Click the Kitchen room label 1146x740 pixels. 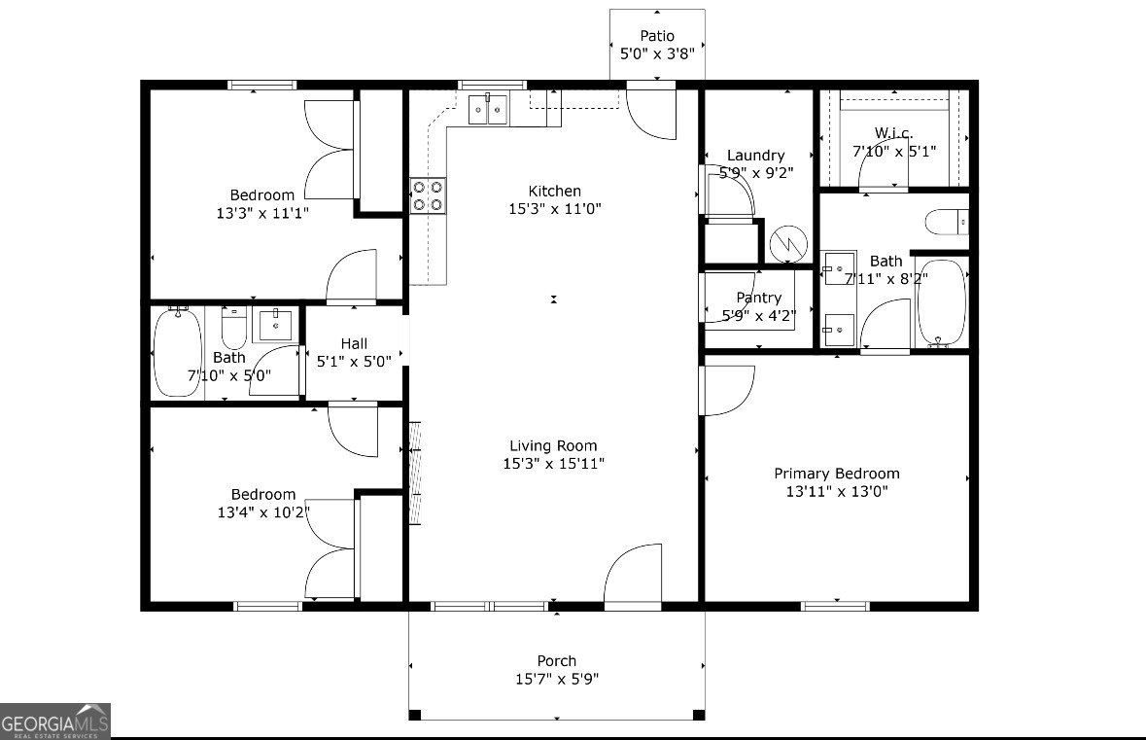(x=554, y=192)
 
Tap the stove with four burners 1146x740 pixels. (x=428, y=194)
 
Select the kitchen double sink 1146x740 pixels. (x=489, y=109)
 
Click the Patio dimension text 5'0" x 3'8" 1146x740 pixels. (x=657, y=54)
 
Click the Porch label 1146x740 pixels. (x=557, y=661)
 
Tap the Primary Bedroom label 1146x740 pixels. (x=836, y=474)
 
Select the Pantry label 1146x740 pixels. (x=758, y=298)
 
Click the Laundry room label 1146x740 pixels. (x=755, y=156)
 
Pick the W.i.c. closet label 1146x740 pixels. (x=893, y=132)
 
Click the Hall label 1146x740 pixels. (x=354, y=343)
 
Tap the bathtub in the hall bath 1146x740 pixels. (x=177, y=352)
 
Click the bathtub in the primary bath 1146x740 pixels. (x=940, y=302)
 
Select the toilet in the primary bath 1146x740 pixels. (x=946, y=223)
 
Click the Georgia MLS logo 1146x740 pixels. (x=55, y=721)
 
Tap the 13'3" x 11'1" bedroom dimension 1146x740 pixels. (x=262, y=212)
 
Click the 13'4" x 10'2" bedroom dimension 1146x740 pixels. (x=262, y=511)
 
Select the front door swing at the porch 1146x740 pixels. (x=633, y=577)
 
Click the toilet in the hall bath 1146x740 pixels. (x=233, y=331)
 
